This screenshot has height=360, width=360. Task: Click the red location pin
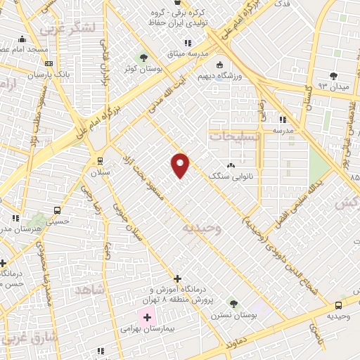click(x=181, y=165)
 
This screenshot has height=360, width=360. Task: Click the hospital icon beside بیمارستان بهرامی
click(x=147, y=318)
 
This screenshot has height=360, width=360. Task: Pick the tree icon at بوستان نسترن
click(x=234, y=304)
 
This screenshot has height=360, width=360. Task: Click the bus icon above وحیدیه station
click(x=339, y=304)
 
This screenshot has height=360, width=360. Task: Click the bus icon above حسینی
click(x=57, y=210)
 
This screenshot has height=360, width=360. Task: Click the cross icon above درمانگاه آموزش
click(x=177, y=278)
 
